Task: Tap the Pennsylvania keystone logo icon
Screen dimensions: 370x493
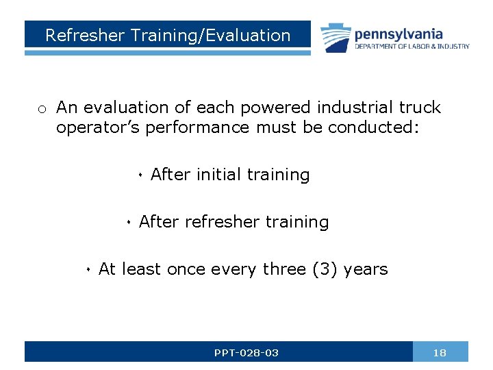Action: pos(335,38)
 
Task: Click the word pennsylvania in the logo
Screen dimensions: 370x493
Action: pos(398,34)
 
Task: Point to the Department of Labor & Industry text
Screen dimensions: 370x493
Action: pos(412,47)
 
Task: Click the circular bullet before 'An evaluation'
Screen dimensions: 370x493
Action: pos(42,109)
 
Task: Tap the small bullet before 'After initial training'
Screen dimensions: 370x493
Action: pos(140,176)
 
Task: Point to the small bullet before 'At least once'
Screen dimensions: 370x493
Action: pos(88,271)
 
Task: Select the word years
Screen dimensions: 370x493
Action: pos(366,269)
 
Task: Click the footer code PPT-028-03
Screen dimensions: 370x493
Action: pos(246,353)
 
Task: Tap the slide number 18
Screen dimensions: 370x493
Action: pos(440,353)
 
